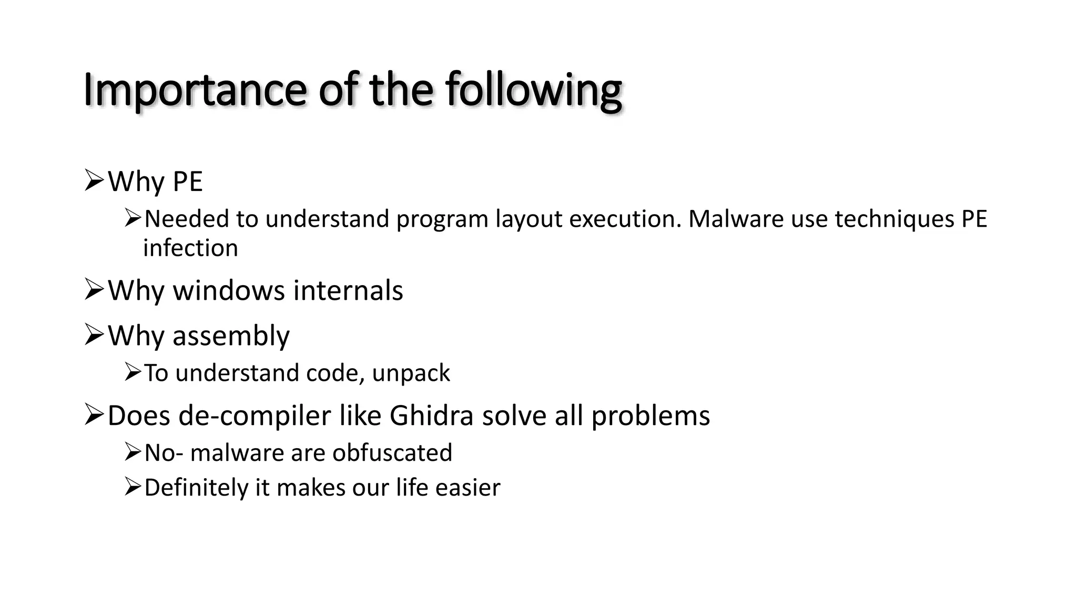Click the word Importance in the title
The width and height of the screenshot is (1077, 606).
click(195, 90)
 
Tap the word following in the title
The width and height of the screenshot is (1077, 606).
click(534, 90)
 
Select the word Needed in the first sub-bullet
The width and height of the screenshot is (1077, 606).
click(186, 219)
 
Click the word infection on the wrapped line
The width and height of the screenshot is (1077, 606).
click(190, 248)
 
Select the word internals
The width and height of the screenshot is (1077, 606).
click(348, 290)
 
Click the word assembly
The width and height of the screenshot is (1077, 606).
click(231, 336)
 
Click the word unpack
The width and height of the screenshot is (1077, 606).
click(411, 373)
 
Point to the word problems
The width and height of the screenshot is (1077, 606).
click(651, 416)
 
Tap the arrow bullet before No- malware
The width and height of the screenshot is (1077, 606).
click(133, 452)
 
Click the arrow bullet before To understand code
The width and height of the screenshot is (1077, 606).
click(133, 372)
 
